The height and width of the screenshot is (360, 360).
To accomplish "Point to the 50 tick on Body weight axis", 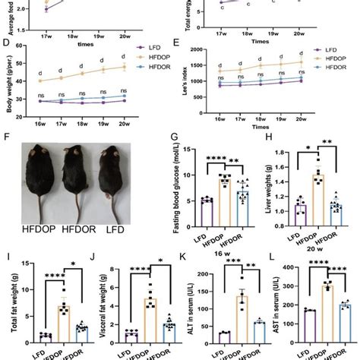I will pyautogui.click(x=18, y=65).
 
